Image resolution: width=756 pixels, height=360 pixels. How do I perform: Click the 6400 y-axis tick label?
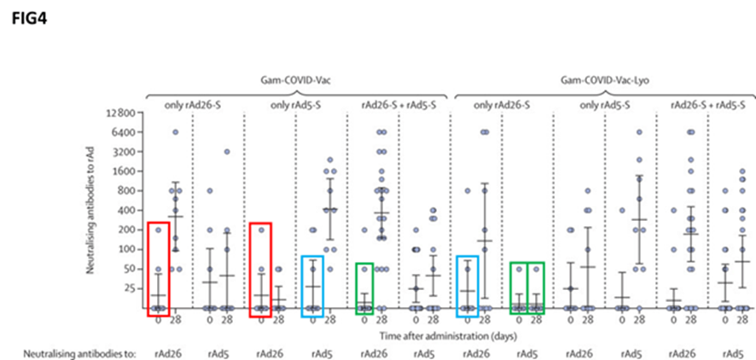(125, 132)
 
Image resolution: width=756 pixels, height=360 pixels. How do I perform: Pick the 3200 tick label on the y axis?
(125, 152)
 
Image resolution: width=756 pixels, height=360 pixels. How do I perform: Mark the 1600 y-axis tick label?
(125, 171)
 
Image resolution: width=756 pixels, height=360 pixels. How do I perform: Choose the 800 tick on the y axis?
(128, 191)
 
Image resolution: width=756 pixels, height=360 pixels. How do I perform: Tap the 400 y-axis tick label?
(128, 211)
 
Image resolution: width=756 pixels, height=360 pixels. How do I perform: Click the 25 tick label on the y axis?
(131, 288)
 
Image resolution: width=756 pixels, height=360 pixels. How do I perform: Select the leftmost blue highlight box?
(312, 286)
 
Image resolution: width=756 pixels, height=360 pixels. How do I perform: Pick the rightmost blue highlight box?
(468, 286)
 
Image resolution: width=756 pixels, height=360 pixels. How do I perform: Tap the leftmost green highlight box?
(364, 288)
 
